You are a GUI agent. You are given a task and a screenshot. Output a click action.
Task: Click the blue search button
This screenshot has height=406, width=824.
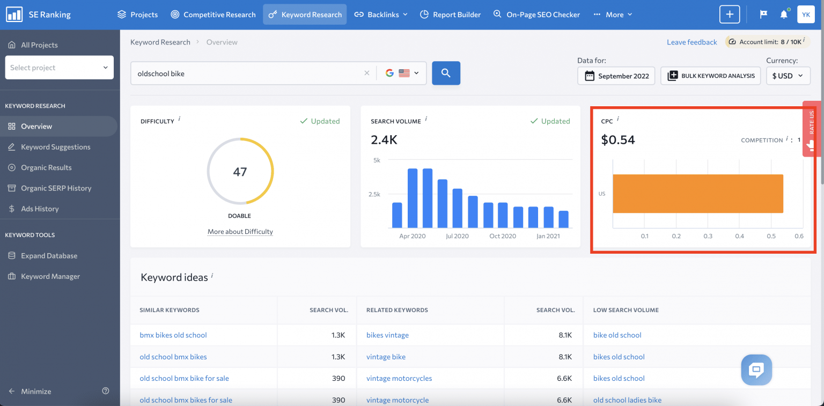(446, 73)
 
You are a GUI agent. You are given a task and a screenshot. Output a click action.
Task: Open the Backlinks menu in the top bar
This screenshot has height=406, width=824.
(381, 14)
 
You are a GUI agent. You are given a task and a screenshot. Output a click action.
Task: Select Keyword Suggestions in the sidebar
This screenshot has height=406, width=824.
(55, 147)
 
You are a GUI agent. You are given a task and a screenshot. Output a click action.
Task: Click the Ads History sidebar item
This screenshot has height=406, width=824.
(40, 209)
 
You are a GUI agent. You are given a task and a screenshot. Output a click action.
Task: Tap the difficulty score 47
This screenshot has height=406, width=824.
(240, 172)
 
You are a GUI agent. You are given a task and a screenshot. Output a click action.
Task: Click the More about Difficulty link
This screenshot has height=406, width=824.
(240, 232)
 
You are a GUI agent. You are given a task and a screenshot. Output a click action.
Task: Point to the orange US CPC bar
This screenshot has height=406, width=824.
(697, 194)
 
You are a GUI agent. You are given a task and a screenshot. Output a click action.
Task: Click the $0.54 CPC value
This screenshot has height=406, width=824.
(618, 140)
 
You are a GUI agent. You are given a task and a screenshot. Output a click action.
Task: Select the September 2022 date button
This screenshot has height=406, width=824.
(617, 76)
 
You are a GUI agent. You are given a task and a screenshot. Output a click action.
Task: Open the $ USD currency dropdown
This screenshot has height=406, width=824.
(788, 76)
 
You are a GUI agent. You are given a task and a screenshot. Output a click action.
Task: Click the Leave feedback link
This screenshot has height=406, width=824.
(691, 42)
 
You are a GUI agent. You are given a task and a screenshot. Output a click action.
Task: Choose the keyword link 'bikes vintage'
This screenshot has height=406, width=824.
(387, 335)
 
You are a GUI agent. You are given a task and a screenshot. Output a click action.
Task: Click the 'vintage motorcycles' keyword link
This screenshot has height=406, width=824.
(399, 378)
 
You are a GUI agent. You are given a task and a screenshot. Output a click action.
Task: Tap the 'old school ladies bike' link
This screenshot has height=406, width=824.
(627, 400)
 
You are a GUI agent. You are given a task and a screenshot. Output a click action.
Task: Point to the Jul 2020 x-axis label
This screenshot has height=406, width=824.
(457, 236)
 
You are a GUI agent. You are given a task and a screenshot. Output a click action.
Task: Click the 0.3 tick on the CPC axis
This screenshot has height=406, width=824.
(708, 236)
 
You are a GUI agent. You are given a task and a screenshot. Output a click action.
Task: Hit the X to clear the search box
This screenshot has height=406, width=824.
(367, 73)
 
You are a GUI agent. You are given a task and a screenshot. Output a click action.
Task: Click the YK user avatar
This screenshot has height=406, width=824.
(806, 14)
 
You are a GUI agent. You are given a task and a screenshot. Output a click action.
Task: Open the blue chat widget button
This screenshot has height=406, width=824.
(756, 370)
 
